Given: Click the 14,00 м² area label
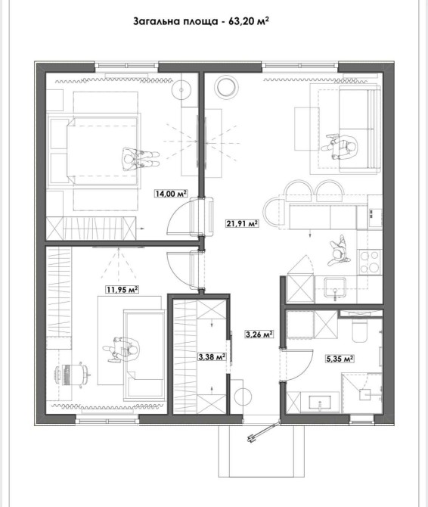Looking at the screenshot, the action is pyautogui.click(x=171, y=194).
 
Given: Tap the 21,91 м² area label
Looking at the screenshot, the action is pyautogui.click(x=242, y=222).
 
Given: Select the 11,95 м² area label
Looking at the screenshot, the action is pyautogui.click(x=122, y=289).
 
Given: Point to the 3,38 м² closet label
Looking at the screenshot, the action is pyautogui.click(x=212, y=356).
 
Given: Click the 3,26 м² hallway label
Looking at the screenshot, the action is pyautogui.click(x=259, y=334).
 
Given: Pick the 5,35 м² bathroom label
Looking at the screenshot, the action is pyautogui.click(x=340, y=359).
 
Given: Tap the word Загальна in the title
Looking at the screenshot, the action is pyautogui.click(x=154, y=22).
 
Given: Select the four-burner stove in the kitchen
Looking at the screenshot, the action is pyautogui.click(x=370, y=262).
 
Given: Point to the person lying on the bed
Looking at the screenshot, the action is pyautogui.click(x=140, y=159).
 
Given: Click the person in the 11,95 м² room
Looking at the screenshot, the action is pyautogui.click(x=122, y=350).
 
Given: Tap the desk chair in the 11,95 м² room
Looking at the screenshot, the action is pyautogui.click(x=73, y=375).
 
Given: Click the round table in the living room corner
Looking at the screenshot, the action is pyautogui.click(x=226, y=86).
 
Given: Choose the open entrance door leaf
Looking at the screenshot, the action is pyautogui.click(x=262, y=431).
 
